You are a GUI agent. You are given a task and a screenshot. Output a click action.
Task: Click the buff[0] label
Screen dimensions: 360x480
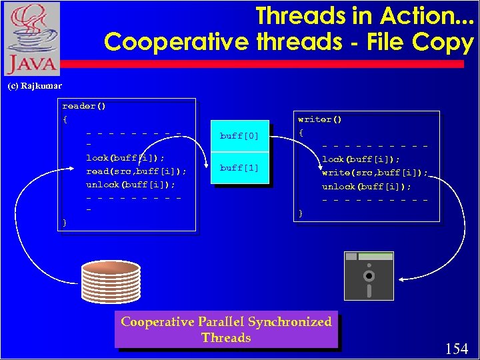click(239, 136)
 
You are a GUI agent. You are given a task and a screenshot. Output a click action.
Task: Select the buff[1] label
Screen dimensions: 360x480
click(239, 168)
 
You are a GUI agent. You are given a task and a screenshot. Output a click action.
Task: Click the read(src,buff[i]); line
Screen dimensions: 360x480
click(136, 171)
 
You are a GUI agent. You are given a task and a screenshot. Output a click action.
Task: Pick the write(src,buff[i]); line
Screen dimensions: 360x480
click(375, 173)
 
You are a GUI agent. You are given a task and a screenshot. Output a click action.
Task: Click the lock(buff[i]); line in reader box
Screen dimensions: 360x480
click(126, 158)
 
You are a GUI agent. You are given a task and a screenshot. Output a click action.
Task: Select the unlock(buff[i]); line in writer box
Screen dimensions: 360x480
click(367, 187)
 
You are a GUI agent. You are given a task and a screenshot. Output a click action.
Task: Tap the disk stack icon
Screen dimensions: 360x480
click(111, 284)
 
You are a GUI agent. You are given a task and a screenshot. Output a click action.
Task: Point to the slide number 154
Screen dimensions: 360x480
click(457, 348)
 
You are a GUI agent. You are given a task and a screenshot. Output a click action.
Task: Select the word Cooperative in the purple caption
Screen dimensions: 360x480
click(157, 322)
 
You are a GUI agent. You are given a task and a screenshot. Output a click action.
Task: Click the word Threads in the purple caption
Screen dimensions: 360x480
click(226, 338)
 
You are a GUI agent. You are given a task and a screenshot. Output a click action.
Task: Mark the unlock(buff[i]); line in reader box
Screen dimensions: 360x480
click(131, 185)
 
